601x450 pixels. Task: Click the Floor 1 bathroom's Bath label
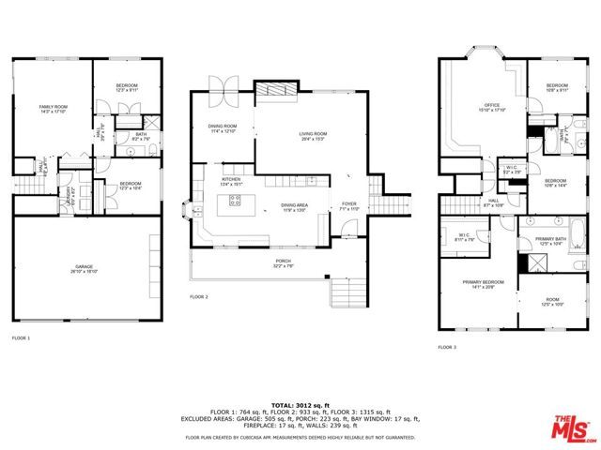(x=140, y=136)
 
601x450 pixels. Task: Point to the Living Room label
(x=312, y=136)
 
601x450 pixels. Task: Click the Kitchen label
(x=232, y=182)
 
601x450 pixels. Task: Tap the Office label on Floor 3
(x=490, y=107)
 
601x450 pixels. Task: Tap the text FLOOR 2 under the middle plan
(x=198, y=296)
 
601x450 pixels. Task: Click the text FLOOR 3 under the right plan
(x=447, y=347)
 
